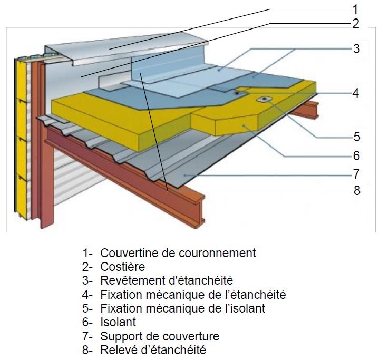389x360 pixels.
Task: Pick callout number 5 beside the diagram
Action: [x=356, y=137]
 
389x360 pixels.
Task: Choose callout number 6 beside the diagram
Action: [x=356, y=155]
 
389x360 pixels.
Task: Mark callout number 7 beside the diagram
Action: [x=356, y=173]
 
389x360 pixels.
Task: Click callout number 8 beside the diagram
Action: [x=356, y=190]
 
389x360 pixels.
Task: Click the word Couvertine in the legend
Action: [x=125, y=253]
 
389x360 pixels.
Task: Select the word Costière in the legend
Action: [x=122, y=267]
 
